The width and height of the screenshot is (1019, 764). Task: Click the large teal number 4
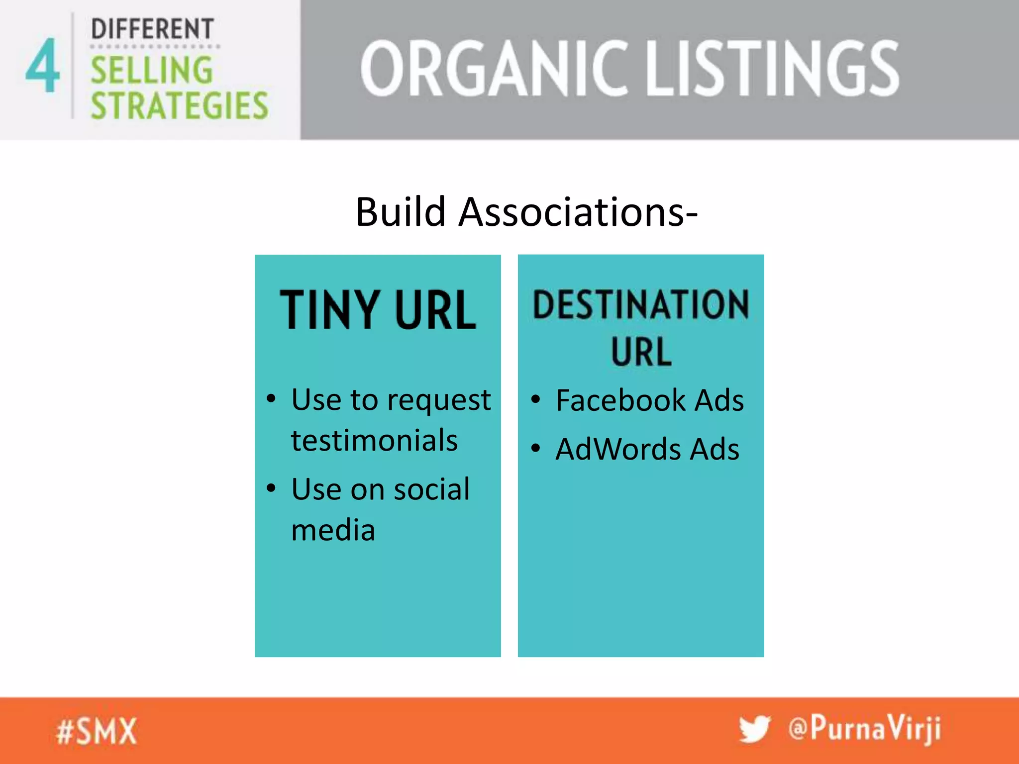pyautogui.click(x=43, y=66)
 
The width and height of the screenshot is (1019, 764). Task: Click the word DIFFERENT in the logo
pyautogui.click(x=152, y=29)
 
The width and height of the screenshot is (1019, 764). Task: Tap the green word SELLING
pyautogui.click(x=152, y=70)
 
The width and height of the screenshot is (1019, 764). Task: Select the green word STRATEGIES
pyautogui.click(x=179, y=105)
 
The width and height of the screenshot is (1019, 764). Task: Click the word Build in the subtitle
pyautogui.click(x=401, y=212)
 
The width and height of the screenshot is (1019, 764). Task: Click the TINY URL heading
pyautogui.click(x=378, y=310)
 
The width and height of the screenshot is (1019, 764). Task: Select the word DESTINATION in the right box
pyautogui.click(x=641, y=304)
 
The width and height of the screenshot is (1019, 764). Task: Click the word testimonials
pyautogui.click(x=374, y=441)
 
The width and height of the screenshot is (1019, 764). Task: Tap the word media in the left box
pyautogui.click(x=333, y=530)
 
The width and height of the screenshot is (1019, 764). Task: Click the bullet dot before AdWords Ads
pyautogui.click(x=535, y=449)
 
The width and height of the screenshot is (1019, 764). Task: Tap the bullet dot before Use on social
pyautogui.click(x=271, y=488)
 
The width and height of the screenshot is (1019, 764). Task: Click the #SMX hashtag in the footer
pyautogui.click(x=97, y=732)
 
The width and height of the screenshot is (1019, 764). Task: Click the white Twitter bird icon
pyautogui.click(x=754, y=730)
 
